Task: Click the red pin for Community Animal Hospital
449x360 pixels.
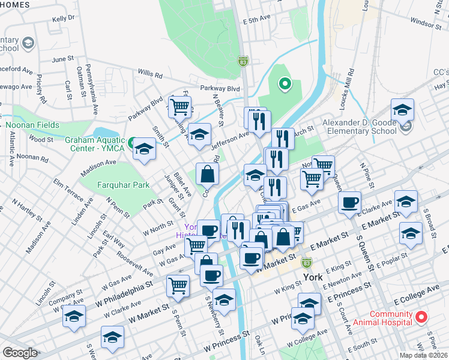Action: (x=422, y=316)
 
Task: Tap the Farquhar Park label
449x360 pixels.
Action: (x=123, y=185)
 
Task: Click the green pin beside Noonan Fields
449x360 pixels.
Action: (x=2, y=125)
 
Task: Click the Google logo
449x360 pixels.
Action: (x=20, y=353)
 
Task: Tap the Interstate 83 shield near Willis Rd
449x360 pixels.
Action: (x=243, y=61)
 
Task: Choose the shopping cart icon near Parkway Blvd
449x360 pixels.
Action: (x=179, y=107)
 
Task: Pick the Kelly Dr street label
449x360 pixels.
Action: (x=63, y=18)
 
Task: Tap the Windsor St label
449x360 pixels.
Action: (x=426, y=22)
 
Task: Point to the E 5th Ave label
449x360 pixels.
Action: (x=258, y=20)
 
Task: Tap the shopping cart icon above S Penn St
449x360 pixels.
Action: (x=178, y=286)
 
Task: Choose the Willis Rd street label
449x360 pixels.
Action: (x=149, y=76)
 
